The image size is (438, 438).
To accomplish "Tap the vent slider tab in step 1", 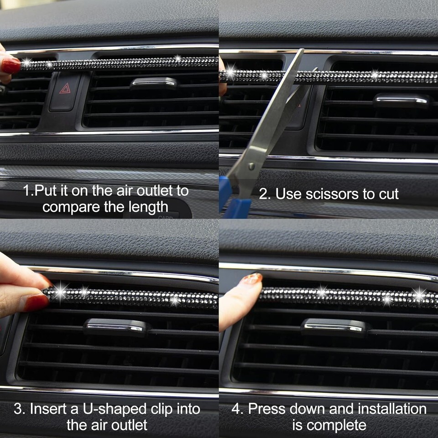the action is tap(154, 83).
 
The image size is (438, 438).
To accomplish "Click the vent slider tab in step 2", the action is tap(401, 100).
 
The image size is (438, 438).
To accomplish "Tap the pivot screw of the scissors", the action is tap(251, 167).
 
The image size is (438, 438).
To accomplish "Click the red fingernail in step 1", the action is tap(10, 65).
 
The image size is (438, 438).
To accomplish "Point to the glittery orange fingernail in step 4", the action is tap(252, 278).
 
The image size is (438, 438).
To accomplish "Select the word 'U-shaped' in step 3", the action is tap(115, 409).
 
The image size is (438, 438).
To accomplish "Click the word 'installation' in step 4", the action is tap(392, 409).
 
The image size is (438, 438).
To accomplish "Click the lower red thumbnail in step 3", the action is tap(36, 303).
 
